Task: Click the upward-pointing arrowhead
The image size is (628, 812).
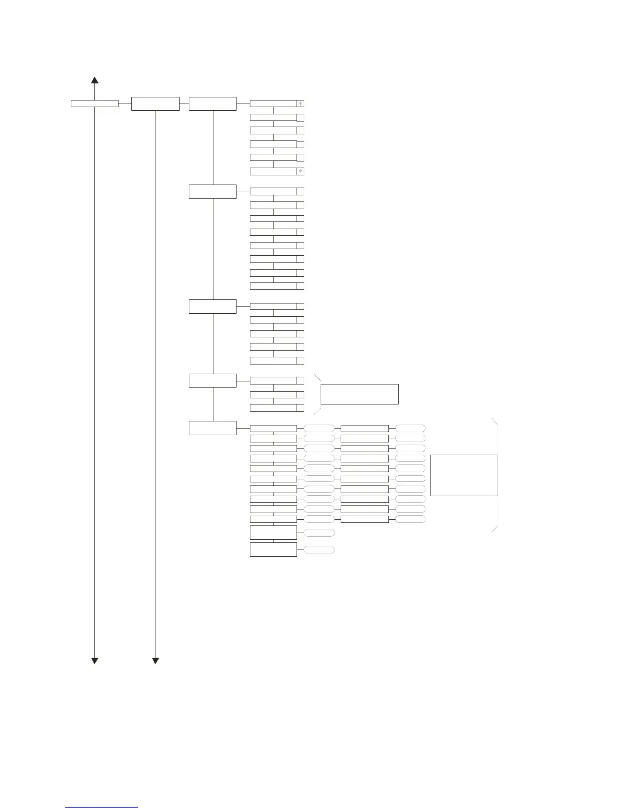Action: (x=94, y=80)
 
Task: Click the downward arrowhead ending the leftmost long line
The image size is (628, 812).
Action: (x=94, y=660)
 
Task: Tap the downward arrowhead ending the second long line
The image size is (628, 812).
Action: (x=155, y=660)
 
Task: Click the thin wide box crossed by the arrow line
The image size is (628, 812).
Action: (x=94, y=104)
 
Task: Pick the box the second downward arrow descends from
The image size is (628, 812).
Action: (x=155, y=104)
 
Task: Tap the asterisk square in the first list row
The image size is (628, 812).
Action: (x=301, y=104)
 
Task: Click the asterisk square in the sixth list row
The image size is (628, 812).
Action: (x=301, y=171)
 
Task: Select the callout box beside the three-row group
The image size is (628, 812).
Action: (x=359, y=394)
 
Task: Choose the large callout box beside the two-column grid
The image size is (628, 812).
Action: (x=464, y=475)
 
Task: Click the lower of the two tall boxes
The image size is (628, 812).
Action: (x=273, y=550)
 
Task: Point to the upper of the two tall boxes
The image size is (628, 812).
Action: (x=273, y=533)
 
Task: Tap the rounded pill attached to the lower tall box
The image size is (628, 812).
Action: (x=319, y=550)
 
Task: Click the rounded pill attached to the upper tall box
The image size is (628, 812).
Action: (x=319, y=533)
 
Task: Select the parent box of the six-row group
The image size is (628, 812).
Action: (x=212, y=104)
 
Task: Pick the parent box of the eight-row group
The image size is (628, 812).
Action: (x=212, y=192)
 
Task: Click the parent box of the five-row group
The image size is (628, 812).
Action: (x=212, y=307)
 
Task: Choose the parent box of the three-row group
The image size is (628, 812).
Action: (x=212, y=381)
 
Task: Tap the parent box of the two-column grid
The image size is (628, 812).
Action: (x=212, y=428)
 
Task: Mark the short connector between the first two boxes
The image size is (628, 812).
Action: (x=125, y=104)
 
